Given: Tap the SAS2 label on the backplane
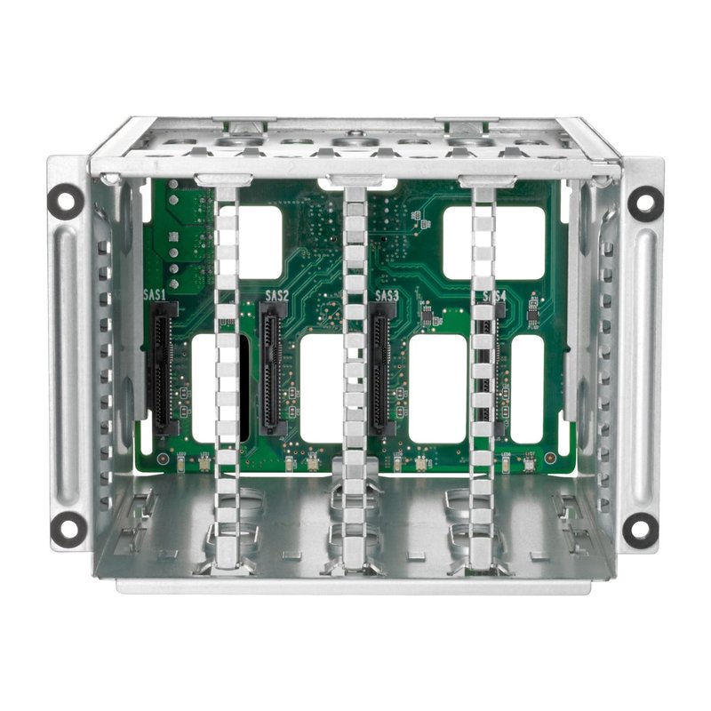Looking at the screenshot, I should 277,295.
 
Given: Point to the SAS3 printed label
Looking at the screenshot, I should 387,295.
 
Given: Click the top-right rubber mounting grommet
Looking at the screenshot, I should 644,204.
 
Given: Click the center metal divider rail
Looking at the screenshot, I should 355,373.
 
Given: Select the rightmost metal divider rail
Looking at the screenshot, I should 481,373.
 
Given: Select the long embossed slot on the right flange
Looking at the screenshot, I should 643,364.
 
